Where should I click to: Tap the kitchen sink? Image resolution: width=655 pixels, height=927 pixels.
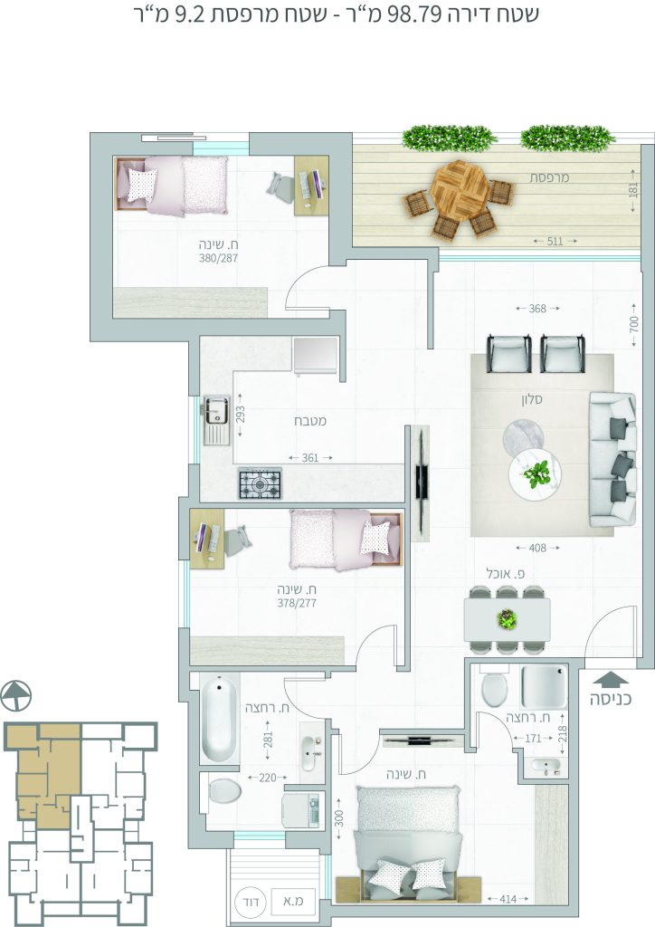[x=216, y=419]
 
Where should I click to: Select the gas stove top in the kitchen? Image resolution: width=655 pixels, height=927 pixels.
[x=260, y=483]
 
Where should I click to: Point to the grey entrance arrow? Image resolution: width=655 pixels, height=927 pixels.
[x=611, y=680]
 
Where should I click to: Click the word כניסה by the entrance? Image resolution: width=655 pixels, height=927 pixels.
[x=611, y=700]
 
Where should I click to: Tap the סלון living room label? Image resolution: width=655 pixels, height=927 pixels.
[x=532, y=399]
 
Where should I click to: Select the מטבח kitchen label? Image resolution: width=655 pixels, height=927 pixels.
[x=310, y=421]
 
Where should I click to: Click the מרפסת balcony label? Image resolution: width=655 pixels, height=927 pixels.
[x=549, y=177]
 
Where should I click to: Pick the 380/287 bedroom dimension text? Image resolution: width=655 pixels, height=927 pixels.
[x=218, y=258]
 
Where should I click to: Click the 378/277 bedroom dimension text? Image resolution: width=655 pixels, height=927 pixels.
[x=297, y=604]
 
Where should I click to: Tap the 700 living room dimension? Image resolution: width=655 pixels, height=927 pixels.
[x=633, y=324]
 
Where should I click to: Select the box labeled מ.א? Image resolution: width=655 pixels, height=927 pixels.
[x=293, y=903]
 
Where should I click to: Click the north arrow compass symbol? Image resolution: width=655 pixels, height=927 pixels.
[x=16, y=696]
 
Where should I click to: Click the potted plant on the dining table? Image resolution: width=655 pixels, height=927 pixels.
[x=507, y=619]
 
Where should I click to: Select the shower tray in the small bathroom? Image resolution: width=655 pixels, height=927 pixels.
[x=544, y=687]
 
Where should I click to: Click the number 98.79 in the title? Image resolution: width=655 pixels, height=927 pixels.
[x=414, y=14]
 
